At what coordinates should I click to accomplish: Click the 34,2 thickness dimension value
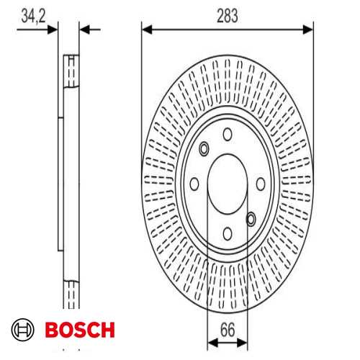point(33,15)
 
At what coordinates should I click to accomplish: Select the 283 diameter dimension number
point(228,14)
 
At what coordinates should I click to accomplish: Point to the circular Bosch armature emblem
point(24,330)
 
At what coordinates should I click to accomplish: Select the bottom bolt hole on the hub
point(228,232)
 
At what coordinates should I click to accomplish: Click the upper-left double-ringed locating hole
point(204,148)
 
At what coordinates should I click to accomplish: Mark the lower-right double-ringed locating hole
point(251,217)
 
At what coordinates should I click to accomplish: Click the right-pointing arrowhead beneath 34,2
point(52,29)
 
